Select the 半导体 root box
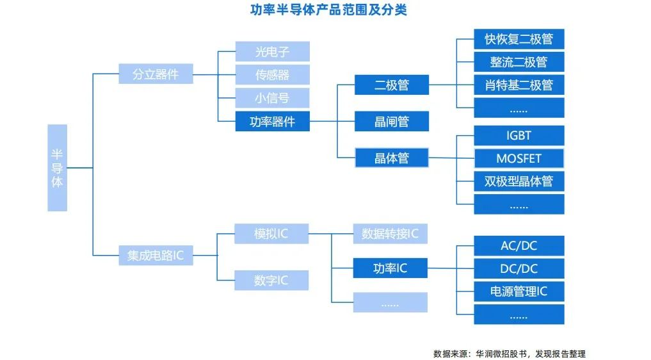pyautogui.click(x=57, y=168)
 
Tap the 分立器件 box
pyautogui.click(x=156, y=74)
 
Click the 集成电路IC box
pyautogui.click(x=156, y=256)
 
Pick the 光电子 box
pyautogui.click(x=272, y=52)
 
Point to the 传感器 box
pyautogui.click(x=272, y=75)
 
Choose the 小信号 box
pyautogui.click(x=272, y=98)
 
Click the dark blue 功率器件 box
pyautogui.click(x=272, y=121)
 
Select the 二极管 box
pyautogui.click(x=391, y=85)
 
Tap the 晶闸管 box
pyautogui.click(x=391, y=121)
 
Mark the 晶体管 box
pyautogui.click(x=391, y=158)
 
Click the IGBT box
pyautogui.click(x=518, y=135)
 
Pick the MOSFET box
pyautogui.click(x=518, y=158)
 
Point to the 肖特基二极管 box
pyautogui.click(x=518, y=85)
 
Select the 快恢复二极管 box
pyautogui.click(x=518, y=39)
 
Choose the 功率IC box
pyautogui.click(x=390, y=268)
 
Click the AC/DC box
pyautogui.click(x=518, y=245)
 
